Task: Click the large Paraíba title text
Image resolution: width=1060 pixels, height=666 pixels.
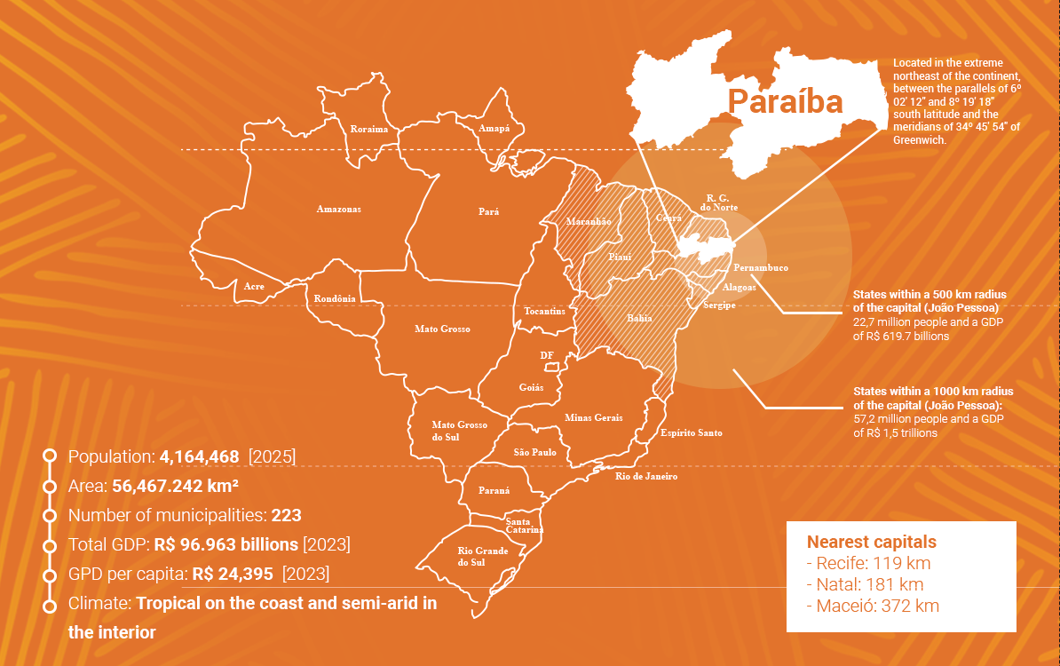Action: tap(785, 102)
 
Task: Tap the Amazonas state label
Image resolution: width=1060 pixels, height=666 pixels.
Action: tap(339, 210)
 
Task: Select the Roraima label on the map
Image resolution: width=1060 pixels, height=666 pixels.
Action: tap(369, 130)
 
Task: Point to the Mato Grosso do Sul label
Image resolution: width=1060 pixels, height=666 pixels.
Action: tap(459, 431)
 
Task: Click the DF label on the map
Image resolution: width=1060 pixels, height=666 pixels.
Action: tap(547, 356)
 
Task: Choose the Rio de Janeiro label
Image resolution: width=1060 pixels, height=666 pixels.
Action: tap(646, 477)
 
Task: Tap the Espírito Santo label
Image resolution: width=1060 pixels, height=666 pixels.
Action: tap(692, 433)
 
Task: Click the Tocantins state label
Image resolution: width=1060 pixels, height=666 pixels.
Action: tap(544, 312)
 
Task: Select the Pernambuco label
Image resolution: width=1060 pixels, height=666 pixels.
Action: tap(761, 268)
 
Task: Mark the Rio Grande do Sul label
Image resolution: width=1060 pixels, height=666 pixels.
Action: tap(483, 557)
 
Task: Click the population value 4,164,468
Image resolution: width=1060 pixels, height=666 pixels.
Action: tap(199, 457)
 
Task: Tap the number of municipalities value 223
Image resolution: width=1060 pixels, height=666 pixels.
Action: tap(287, 515)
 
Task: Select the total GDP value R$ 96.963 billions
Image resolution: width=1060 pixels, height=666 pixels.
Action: tap(226, 544)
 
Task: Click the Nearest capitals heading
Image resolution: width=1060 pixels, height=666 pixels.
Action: tap(871, 542)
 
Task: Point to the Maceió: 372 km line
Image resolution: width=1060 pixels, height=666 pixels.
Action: tap(873, 607)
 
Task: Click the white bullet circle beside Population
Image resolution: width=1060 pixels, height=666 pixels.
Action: tap(50, 456)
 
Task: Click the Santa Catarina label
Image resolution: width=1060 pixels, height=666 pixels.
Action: tap(524, 525)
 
